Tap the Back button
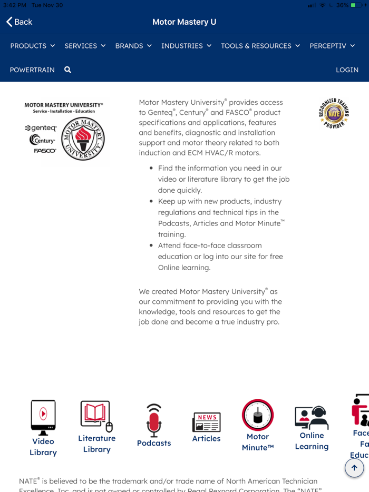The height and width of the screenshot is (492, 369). (x=19, y=22)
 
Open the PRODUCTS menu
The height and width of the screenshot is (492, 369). (x=33, y=46)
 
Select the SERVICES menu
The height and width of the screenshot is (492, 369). (x=85, y=46)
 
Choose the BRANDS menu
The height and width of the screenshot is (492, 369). (x=133, y=46)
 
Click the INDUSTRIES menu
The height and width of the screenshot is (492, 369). (x=186, y=46)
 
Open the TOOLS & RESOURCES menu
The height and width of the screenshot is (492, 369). (x=260, y=46)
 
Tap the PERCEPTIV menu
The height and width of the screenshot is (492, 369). (x=332, y=46)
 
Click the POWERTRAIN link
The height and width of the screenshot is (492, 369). (x=32, y=70)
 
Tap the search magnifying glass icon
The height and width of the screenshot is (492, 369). (x=67, y=70)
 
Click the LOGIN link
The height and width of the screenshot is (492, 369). (x=347, y=70)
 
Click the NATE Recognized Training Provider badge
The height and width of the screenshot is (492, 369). (x=334, y=113)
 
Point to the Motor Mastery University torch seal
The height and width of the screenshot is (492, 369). (x=83, y=139)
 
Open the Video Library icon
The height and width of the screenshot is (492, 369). (x=43, y=417)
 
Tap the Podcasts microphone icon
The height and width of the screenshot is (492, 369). (x=154, y=421)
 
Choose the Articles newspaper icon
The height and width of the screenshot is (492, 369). (x=206, y=422)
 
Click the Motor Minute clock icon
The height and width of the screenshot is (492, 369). (x=258, y=415)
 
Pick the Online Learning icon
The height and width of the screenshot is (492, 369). (x=312, y=418)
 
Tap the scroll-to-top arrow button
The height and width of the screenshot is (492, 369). (x=354, y=467)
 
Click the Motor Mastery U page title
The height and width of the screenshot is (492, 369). (x=184, y=22)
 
